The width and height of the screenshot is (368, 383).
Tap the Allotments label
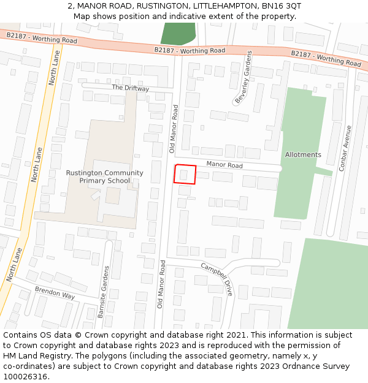click(303, 154)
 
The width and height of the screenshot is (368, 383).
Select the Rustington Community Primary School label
click(104, 176)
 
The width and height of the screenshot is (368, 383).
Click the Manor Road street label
click(224, 165)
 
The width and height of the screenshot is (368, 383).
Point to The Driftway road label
click(130, 88)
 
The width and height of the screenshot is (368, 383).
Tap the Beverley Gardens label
click(243, 78)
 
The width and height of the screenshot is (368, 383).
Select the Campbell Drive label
click(217, 279)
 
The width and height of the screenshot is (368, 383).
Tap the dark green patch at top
click(178, 32)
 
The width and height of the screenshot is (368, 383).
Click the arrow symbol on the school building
click(96, 194)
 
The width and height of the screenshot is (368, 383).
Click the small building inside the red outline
click(183, 175)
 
